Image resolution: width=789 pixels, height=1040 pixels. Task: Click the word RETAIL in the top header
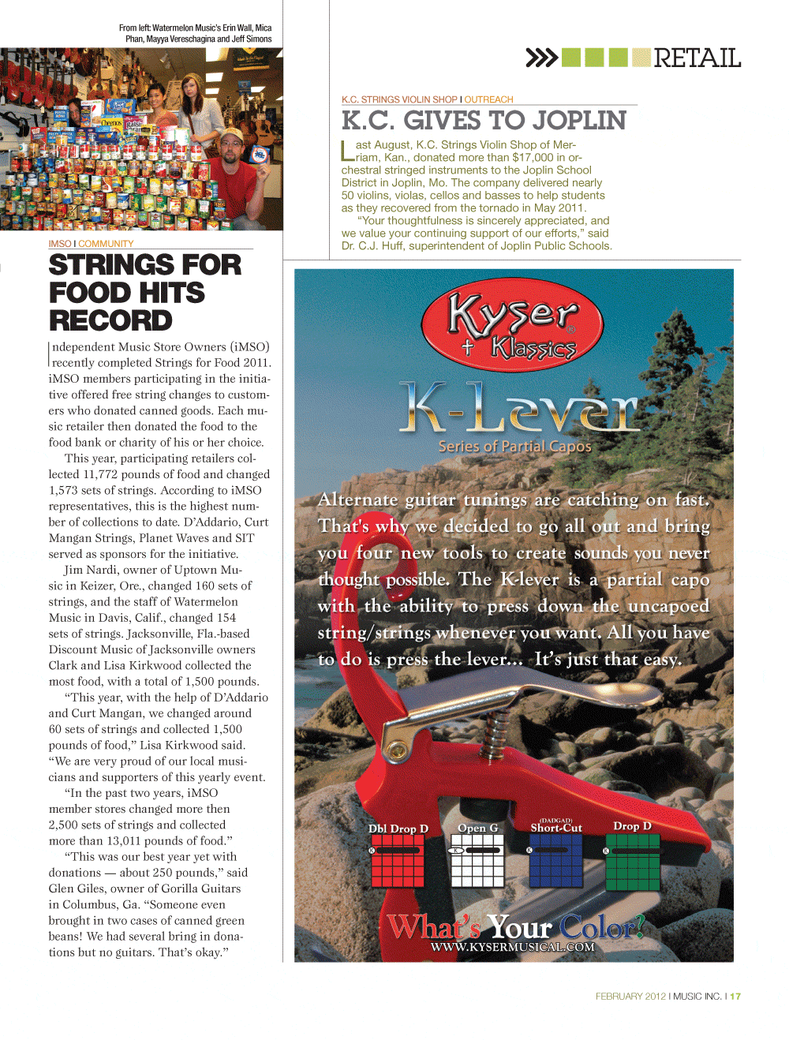click(x=697, y=58)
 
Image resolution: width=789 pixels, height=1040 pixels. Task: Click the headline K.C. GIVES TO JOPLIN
click(x=484, y=121)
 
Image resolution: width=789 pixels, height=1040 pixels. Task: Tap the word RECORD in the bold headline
click(x=110, y=321)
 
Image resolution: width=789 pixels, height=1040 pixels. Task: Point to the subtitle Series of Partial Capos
click(x=514, y=447)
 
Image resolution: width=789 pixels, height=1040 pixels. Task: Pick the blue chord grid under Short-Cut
click(x=555, y=859)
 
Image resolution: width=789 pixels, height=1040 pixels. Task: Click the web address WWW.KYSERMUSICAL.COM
click(x=513, y=947)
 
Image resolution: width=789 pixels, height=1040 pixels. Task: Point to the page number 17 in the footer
click(x=735, y=997)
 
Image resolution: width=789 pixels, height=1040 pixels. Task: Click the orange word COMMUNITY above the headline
click(x=106, y=244)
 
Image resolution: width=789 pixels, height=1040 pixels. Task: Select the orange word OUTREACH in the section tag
click(x=488, y=99)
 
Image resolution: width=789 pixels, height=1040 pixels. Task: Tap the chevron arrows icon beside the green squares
click(x=541, y=58)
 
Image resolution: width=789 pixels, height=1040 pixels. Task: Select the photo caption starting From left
click(x=196, y=33)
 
